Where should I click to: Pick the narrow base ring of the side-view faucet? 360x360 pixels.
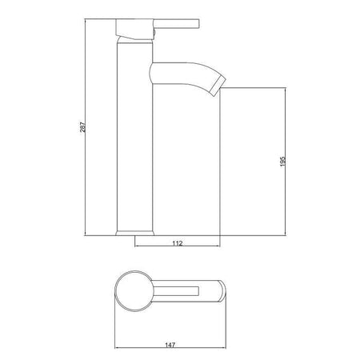point(133,233)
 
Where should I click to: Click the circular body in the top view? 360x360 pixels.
point(133,290)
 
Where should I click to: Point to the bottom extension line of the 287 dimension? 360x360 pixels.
point(100,234)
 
